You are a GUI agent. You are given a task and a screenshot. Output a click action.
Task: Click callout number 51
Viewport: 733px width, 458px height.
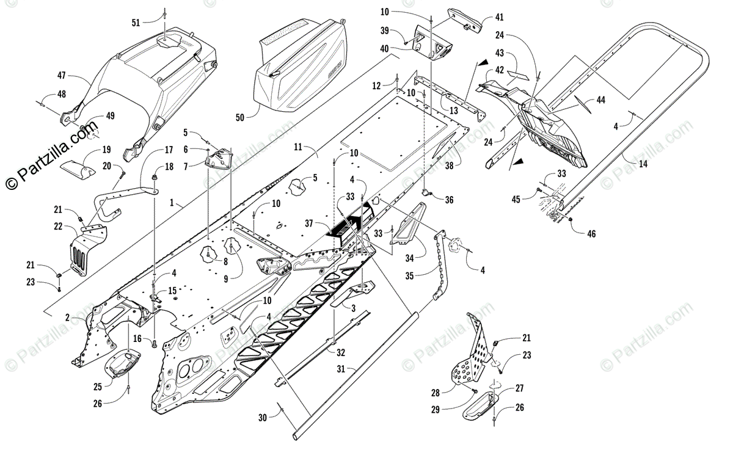coord(136,23)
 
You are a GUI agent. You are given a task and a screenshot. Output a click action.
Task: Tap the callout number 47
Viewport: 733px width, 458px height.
coord(62,76)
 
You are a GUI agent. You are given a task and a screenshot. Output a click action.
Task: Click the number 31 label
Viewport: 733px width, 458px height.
coord(341,369)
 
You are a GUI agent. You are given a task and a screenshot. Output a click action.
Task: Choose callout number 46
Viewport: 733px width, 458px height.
coord(591,233)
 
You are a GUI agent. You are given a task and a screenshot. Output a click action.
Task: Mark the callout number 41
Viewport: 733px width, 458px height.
coord(500,17)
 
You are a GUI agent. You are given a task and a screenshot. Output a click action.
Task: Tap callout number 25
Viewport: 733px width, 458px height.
coord(98,387)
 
